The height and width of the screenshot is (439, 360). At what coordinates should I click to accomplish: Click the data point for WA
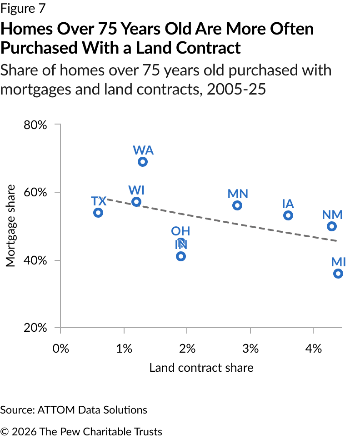143,162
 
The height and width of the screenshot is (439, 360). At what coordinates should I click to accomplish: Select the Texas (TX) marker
98,213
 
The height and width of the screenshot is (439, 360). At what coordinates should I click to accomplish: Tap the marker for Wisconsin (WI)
136,202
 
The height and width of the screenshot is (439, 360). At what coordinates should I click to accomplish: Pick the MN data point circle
237,205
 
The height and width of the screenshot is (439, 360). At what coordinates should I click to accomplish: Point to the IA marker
288,215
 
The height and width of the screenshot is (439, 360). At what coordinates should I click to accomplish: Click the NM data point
332,226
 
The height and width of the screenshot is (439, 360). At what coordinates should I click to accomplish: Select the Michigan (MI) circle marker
338,274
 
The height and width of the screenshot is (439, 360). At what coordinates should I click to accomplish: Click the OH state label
180,231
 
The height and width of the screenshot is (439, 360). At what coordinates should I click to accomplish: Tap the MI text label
339,262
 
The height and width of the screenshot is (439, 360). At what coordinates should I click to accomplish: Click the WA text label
143,150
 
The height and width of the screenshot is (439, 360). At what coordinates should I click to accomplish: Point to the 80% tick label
35,125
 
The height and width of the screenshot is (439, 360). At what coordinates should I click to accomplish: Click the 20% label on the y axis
35,328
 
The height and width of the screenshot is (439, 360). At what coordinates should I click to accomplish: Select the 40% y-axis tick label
35,260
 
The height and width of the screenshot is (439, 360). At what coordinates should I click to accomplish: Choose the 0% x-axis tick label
61,349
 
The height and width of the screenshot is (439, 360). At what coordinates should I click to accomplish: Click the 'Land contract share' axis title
201,368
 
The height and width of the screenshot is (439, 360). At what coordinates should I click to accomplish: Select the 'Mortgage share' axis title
10,226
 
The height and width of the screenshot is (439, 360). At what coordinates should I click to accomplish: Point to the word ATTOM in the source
57,410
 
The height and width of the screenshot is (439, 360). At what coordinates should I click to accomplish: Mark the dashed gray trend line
221,220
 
